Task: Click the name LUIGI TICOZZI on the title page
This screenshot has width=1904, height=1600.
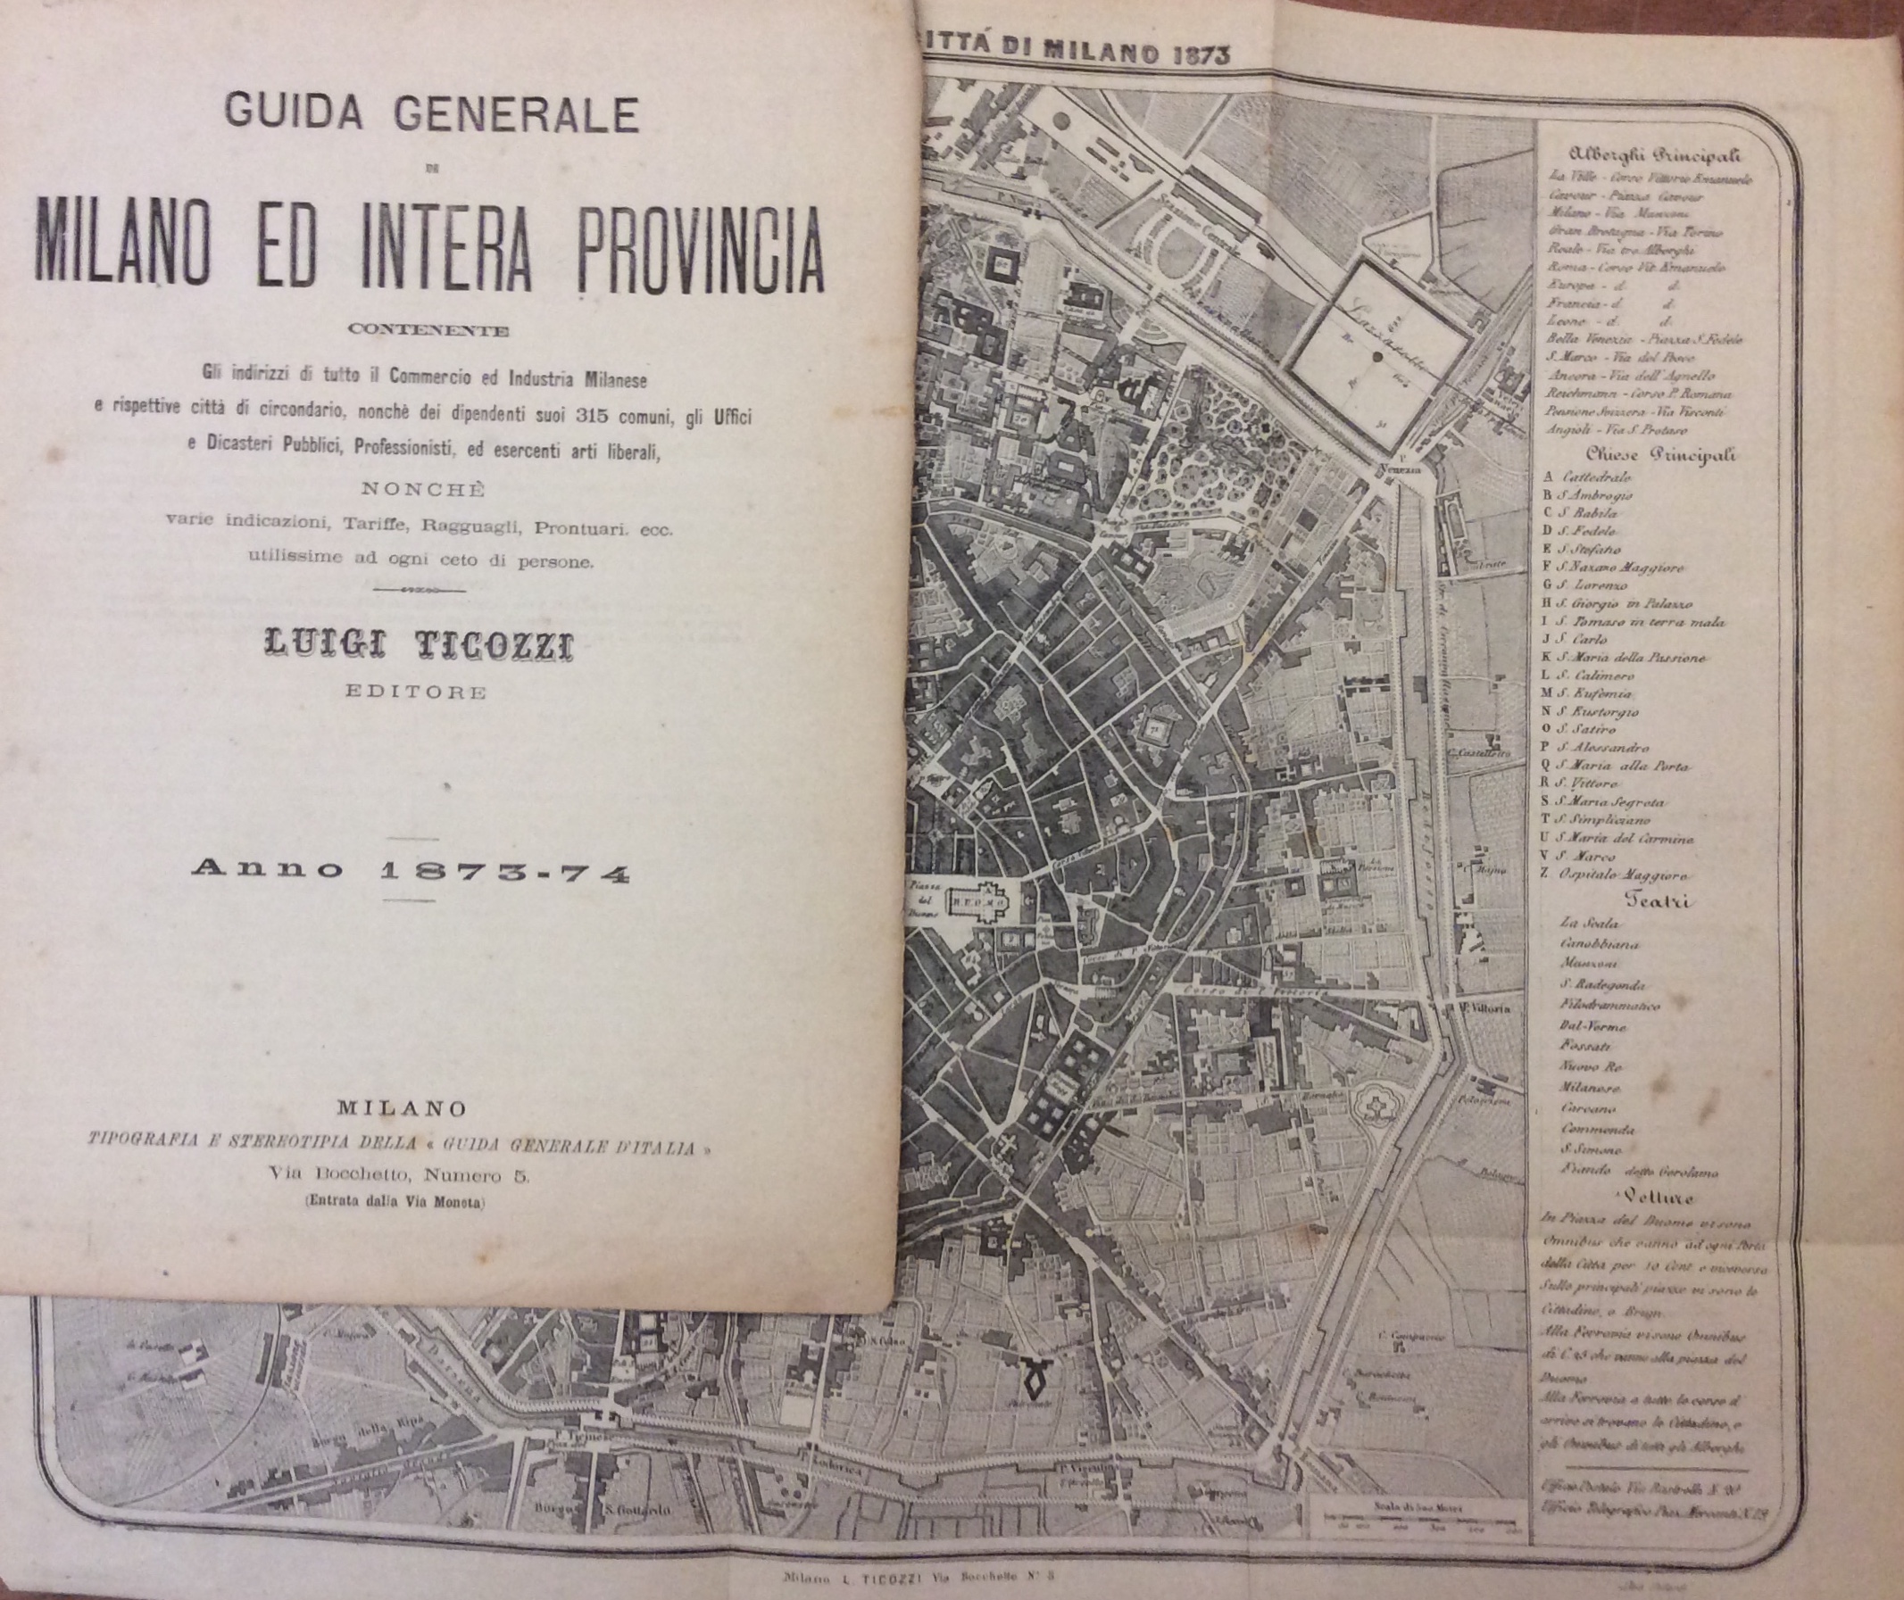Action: [x=418, y=648]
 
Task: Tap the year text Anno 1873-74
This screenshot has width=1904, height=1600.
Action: [x=410, y=871]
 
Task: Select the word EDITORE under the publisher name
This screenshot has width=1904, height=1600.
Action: [x=416, y=693]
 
